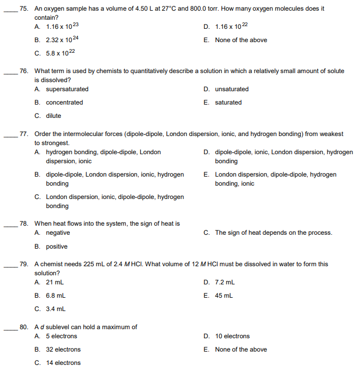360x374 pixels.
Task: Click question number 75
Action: point(23,9)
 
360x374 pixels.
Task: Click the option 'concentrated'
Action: point(64,102)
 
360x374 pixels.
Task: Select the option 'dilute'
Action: point(53,116)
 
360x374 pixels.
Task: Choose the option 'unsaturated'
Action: point(231,89)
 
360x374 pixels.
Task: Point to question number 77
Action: point(23,134)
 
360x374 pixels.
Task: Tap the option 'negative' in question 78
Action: point(58,233)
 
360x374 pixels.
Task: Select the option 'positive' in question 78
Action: point(57,246)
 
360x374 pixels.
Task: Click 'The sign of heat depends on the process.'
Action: point(273,233)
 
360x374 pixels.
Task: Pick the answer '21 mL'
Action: point(55,282)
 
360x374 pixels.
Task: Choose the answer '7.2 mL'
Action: point(225,282)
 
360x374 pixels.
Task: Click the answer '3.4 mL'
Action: point(55,308)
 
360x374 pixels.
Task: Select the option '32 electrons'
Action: point(63,349)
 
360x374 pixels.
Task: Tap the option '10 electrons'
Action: point(232,336)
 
